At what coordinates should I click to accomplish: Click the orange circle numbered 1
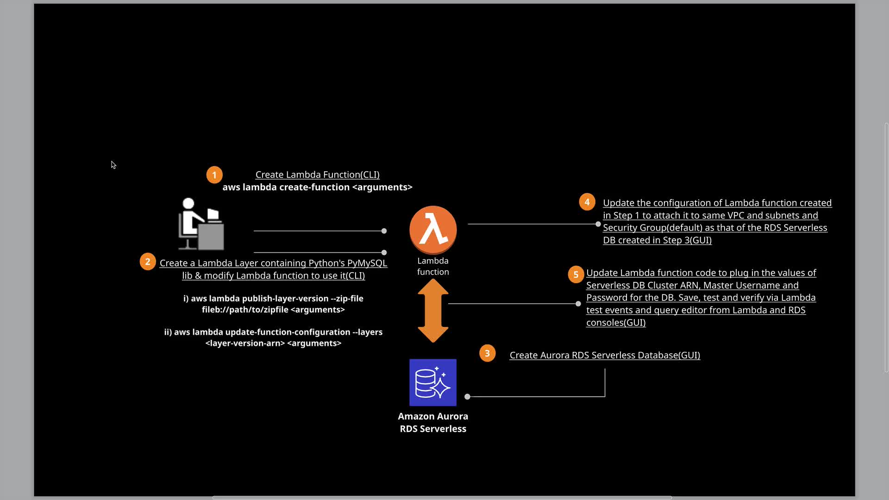(x=214, y=175)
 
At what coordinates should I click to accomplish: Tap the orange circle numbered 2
(x=148, y=262)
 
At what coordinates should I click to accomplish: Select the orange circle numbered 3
(x=487, y=353)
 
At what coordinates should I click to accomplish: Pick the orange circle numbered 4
(x=587, y=202)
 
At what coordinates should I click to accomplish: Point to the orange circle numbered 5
(x=576, y=274)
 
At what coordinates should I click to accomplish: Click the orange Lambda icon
(x=433, y=230)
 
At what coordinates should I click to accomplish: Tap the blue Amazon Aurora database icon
(x=433, y=382)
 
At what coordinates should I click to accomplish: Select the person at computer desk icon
(x=201, y=224)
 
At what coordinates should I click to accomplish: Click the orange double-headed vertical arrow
(x=433, y=311)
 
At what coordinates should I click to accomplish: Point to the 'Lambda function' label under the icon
(x=433, y=266)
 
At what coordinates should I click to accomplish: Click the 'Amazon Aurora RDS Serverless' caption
(x=433, y=422)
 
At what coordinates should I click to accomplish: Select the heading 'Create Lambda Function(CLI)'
(x=318, y=175)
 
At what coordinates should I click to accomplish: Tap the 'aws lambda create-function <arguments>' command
(x=318, y=187)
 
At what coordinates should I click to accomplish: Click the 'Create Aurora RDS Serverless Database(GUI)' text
(x=605, y=355)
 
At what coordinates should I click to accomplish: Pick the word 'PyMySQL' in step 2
(x=367, y=263)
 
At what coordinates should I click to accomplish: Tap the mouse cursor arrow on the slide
(x=113, y=165)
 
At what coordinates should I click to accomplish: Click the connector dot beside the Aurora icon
(x=467, y=397)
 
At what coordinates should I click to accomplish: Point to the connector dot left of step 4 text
(x=598, y=224)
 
